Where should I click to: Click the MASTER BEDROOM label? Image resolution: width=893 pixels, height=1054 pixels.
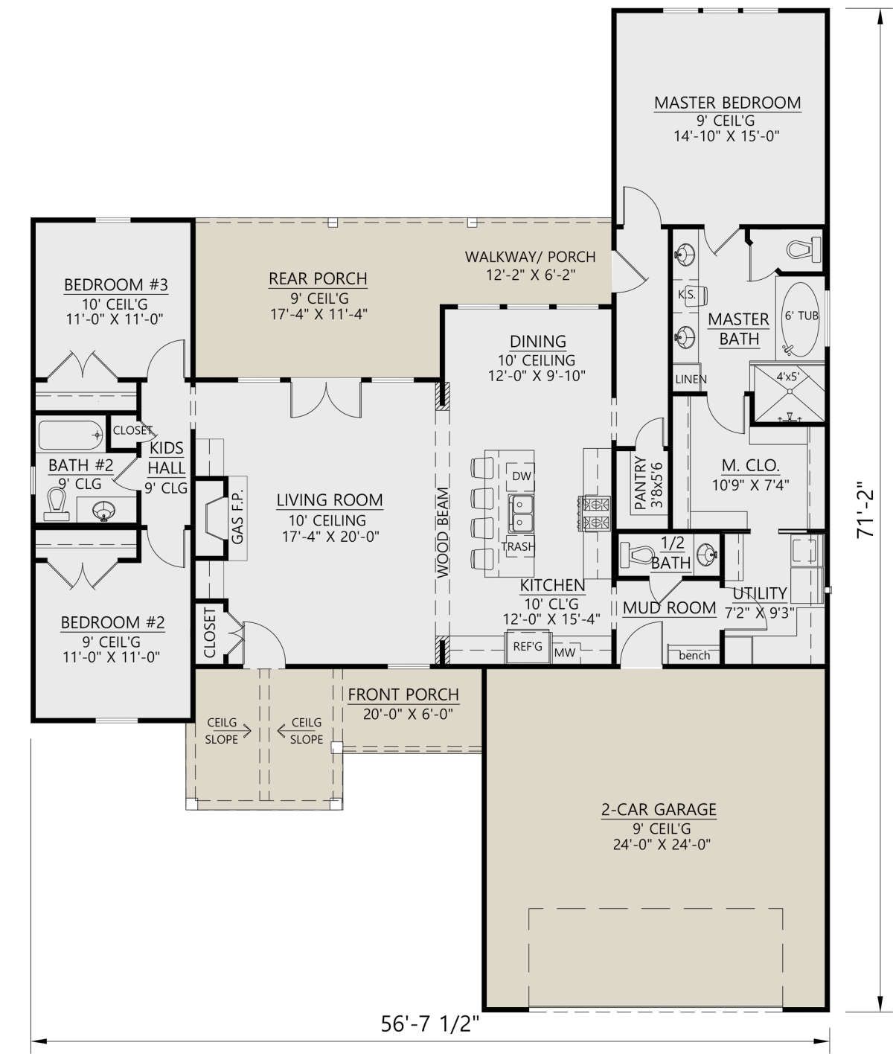coord(727,103)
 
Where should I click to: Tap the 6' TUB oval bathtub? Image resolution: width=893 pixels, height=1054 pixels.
coord(801,320)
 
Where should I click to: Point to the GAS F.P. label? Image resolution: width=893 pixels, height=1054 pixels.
coord(237,516)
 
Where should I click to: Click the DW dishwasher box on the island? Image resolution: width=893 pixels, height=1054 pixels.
coord(521,476)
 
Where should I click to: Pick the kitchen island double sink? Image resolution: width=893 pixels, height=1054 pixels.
coord(521,514)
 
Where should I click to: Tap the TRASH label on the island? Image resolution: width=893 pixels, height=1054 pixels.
coord(518,546)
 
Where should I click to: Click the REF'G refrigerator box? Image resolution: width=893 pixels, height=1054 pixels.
coord(528,647)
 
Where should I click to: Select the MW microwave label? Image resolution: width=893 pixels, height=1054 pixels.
coord(565,652)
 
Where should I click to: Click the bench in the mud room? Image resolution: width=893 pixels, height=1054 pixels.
coord(694,655)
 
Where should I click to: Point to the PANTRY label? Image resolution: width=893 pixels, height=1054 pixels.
coord(640,483)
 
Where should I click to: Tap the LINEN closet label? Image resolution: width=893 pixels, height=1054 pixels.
coord(691,380)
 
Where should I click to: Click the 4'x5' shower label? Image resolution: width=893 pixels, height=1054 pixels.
coord(788,377)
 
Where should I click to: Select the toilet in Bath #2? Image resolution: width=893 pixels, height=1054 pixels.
coord(56,505)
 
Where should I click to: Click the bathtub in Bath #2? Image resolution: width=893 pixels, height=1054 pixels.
coord(71,435)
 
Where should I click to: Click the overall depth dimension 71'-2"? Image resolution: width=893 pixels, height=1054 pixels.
coord(865,509)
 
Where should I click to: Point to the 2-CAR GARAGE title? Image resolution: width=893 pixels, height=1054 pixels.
coord(659,809)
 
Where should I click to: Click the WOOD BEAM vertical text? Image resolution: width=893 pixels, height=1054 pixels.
coord(443,532)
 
